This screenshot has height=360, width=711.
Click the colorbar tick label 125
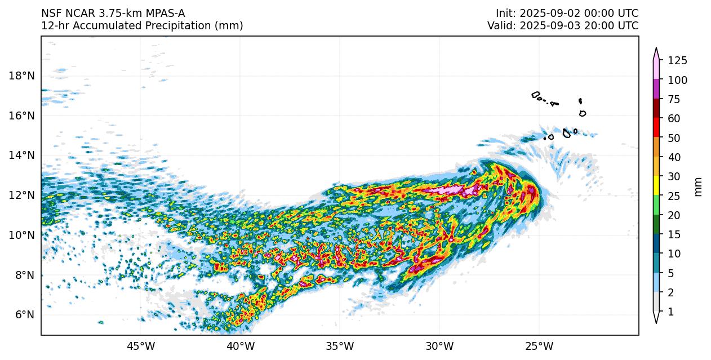(677, 61)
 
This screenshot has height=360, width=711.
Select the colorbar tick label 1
(670, 312)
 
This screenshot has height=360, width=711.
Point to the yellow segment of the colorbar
(656, 186)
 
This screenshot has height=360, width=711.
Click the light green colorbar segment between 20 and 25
(656, 205)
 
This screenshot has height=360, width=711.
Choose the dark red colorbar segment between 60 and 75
(656, 109)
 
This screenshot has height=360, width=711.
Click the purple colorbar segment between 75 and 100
(656, 90)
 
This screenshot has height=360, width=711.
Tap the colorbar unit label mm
(699, 186)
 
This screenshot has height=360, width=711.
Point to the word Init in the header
(505, 13)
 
